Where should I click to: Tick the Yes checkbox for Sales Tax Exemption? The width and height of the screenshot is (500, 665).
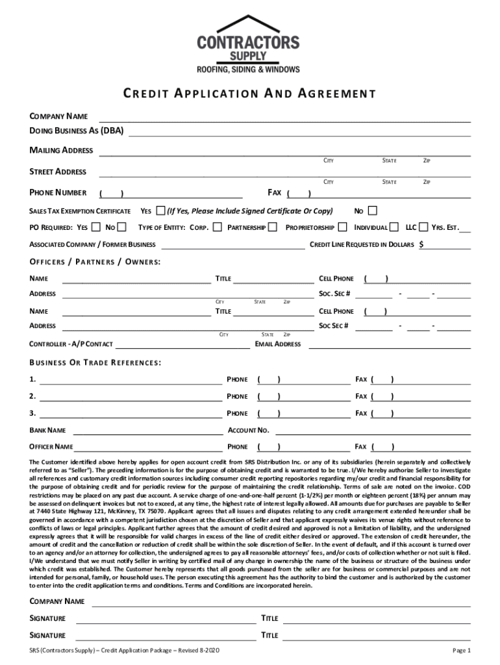(160, 210)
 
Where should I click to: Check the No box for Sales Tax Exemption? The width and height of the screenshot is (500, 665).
(372, 210)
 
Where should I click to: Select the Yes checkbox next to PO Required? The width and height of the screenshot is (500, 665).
(96, 227)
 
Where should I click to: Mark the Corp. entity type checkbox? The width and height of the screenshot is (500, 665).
(217, 227)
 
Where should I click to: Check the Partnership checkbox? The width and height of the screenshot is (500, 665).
(273, 227)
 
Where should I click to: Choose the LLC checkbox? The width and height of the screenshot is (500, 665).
(424, 227)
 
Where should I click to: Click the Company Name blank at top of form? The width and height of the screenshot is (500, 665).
(284, 117)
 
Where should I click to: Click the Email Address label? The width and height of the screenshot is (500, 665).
(278, 344)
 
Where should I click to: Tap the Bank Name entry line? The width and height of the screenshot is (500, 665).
(146, 430)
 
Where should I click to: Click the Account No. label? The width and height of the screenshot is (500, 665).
(248, 430)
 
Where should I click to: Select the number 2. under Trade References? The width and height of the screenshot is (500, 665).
(32, 396)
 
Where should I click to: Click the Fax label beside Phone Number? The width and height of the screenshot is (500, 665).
(274, 193)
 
